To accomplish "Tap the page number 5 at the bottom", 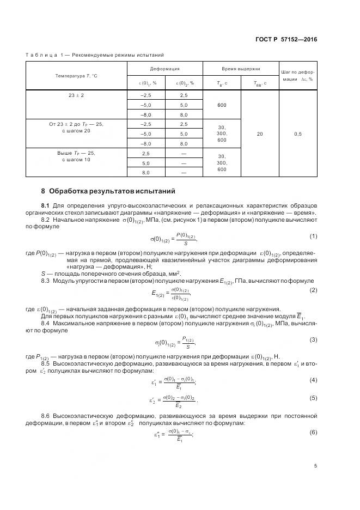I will coord(315,465).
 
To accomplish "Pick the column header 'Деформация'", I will coord(164,69).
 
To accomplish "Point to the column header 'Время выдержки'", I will coord(240,69).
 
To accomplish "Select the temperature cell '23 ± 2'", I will coord(76,95).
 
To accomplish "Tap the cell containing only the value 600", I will coord(221,105).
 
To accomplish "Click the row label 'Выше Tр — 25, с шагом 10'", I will coord(76,156).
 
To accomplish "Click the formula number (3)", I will coord(313,340).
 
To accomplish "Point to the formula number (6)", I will coord(313,432).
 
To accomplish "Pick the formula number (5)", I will coord(313,398).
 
